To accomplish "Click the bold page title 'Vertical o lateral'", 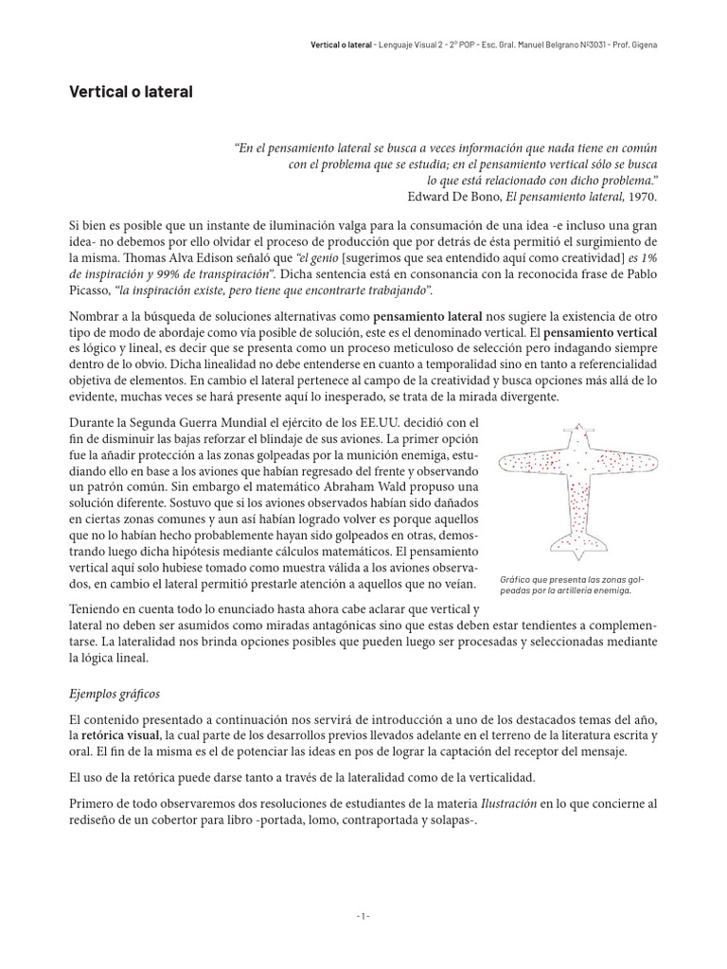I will (131, 93).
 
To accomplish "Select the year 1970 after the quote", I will (640, 197).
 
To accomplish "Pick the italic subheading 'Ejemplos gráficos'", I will (115, 694).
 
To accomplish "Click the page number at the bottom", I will (363, 917).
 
